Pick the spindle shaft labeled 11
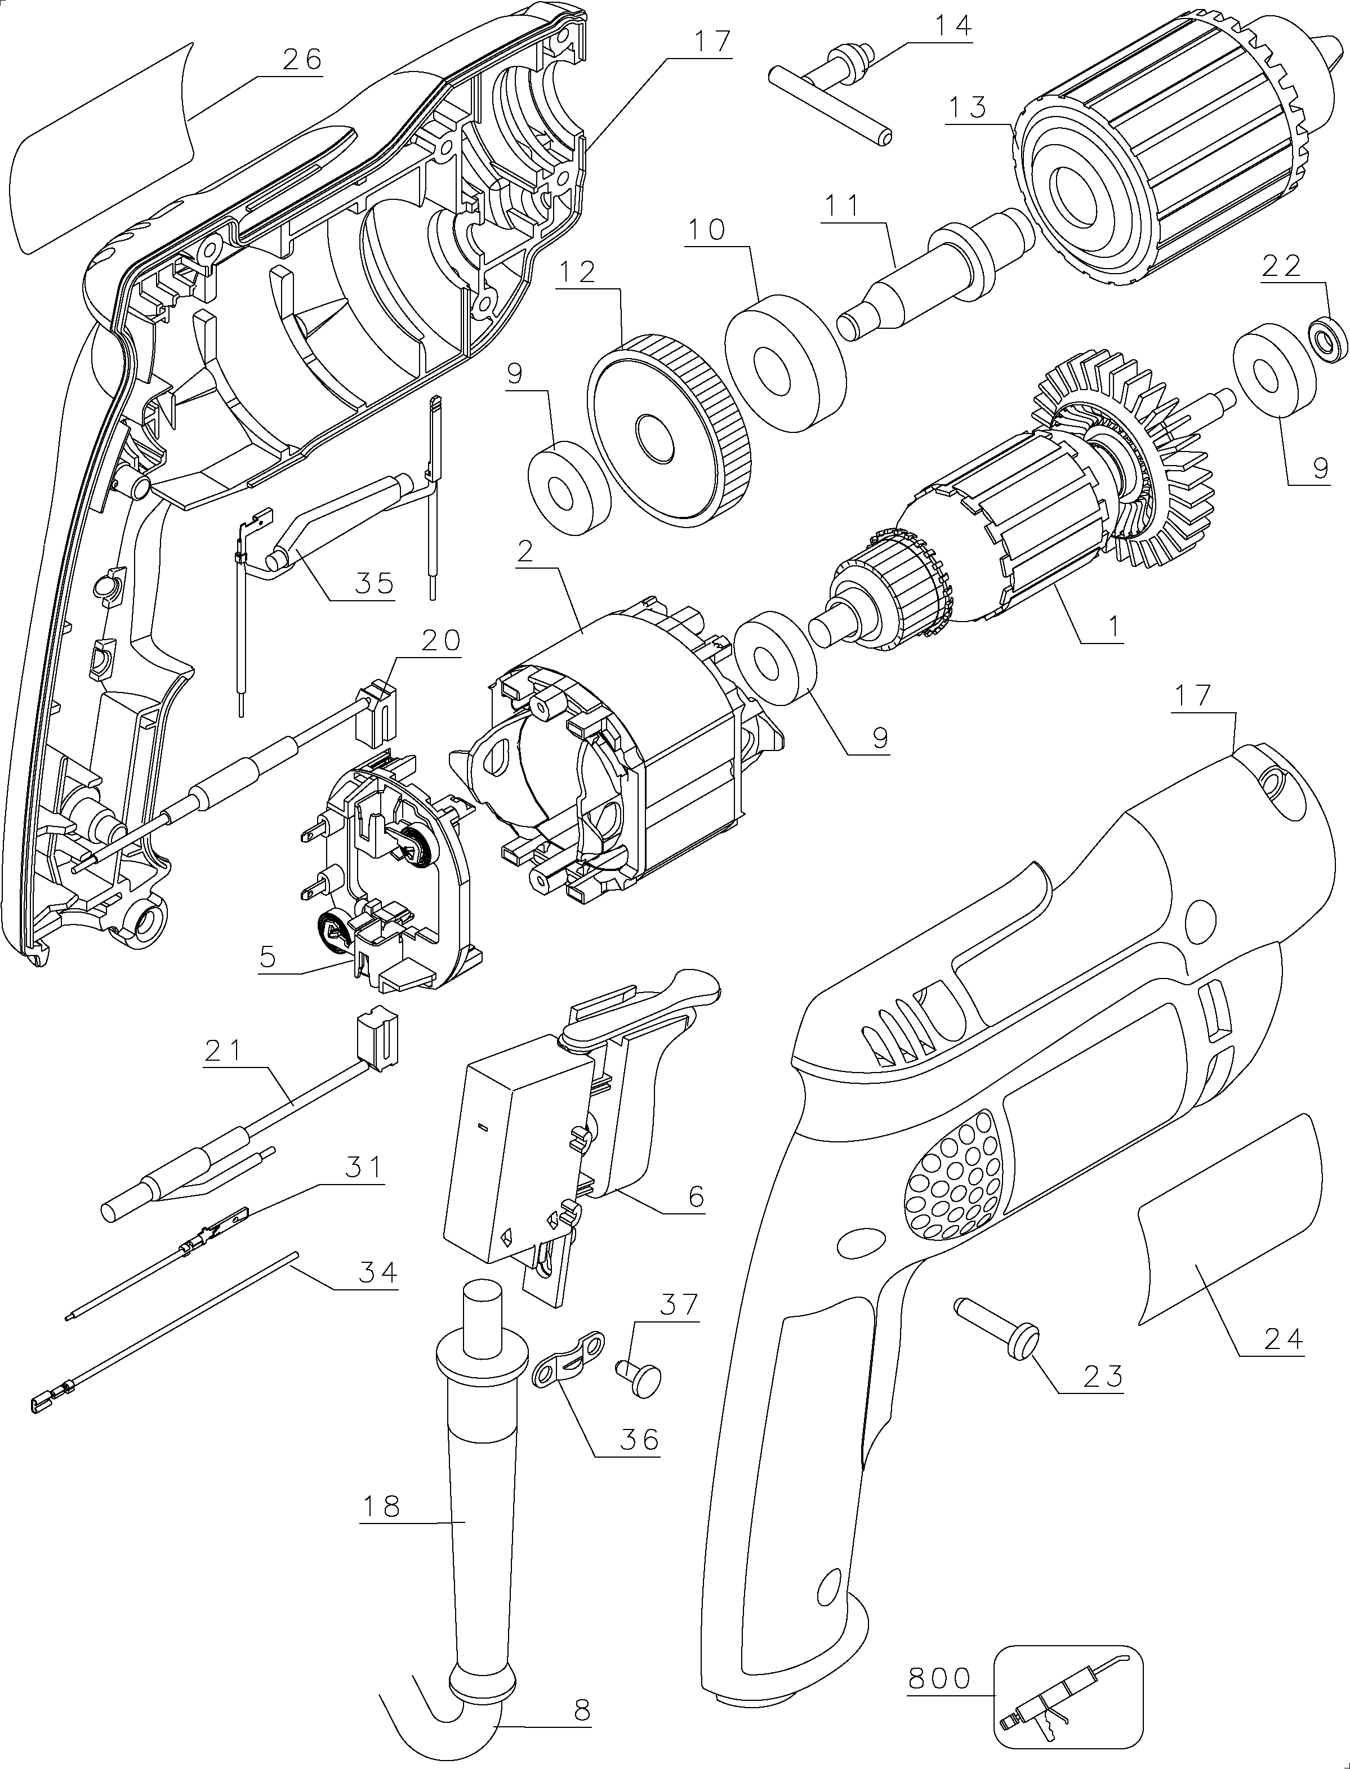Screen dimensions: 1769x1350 click(x=932, y=276)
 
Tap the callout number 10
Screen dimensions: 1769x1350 click(x=706, y=231)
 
